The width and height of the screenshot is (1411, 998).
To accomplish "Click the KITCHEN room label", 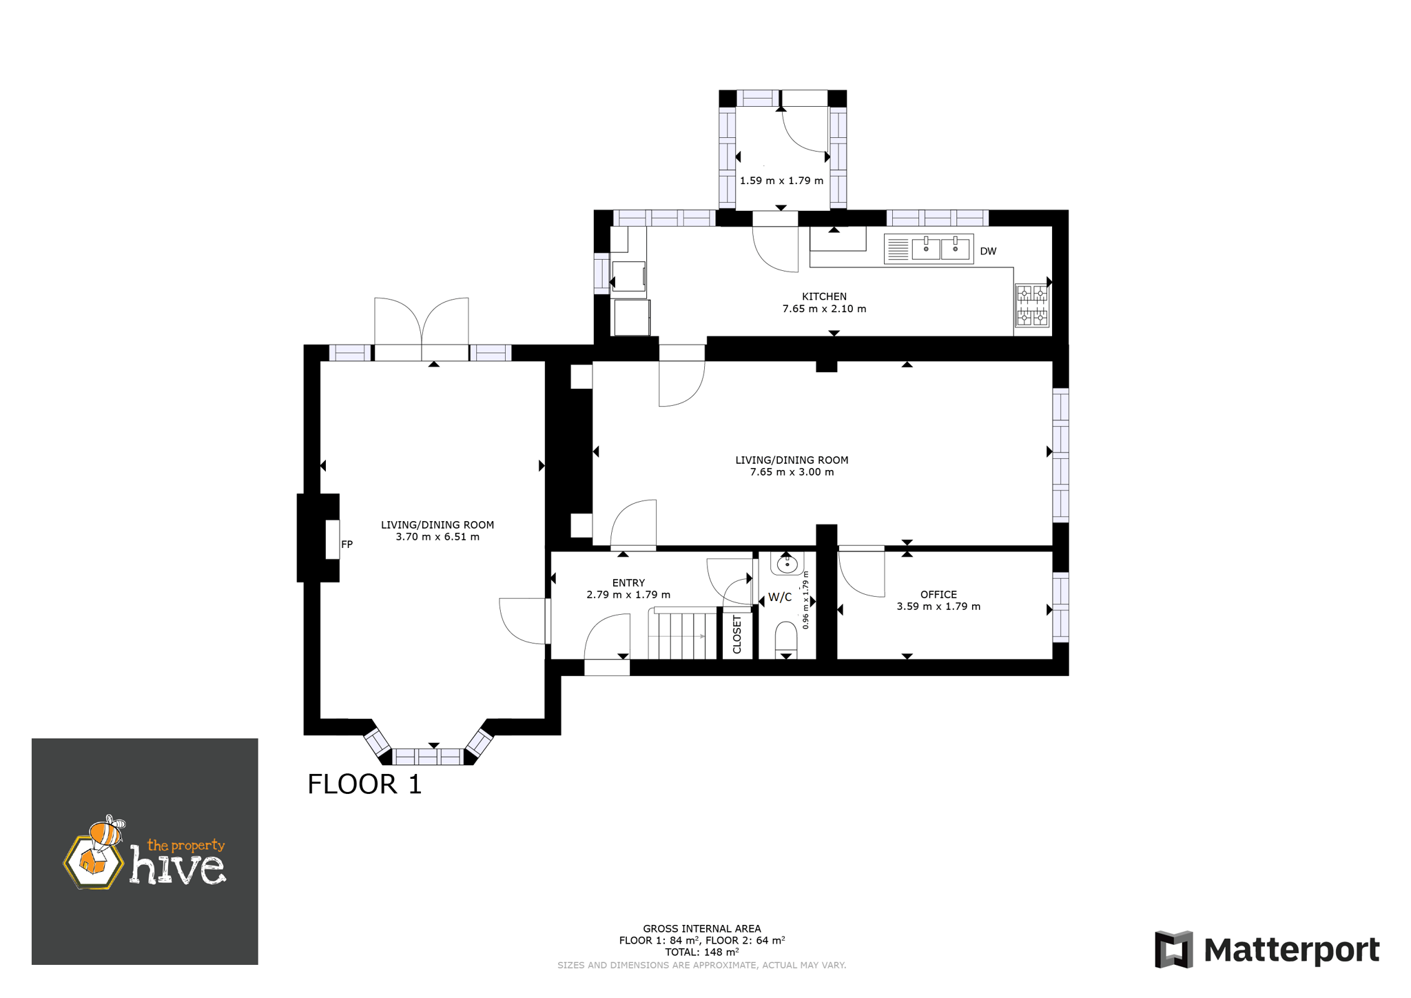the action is (824, 296).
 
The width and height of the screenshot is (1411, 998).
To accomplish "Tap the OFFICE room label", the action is (938, 594).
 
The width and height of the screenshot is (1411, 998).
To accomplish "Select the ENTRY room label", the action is (628, 582).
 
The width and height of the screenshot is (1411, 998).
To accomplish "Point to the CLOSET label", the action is (737, 634).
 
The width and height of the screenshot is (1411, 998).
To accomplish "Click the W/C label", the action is (780, 597).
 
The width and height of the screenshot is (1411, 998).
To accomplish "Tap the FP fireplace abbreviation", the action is (347, 544).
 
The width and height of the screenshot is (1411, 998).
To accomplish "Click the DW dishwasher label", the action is (988, 251).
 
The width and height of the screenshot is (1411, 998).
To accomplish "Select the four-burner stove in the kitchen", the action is (1032, 305).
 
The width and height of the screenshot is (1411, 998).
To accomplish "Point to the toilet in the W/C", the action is (786, 638).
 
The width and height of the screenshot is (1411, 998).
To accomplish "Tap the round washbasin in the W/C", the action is (787, 564).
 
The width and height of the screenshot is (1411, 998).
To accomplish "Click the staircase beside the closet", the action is (683, 633).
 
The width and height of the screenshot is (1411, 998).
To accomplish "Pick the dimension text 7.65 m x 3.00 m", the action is (792, 472).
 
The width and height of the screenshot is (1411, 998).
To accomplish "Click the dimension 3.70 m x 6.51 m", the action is (437, 537).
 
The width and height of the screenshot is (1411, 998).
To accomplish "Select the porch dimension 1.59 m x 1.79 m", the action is (781, 181).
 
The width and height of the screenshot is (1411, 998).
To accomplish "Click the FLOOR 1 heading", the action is (364, 784).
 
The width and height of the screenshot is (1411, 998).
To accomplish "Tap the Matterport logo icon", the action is (1173, 949).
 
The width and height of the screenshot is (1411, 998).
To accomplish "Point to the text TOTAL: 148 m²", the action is (702, 952).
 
